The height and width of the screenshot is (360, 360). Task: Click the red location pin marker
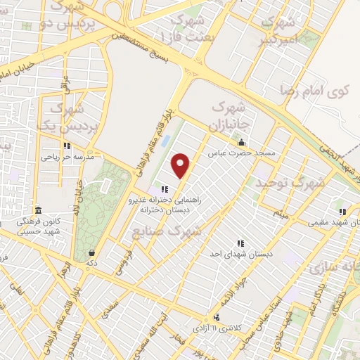pos(181,165)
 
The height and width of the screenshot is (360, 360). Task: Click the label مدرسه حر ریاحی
pos(68,157)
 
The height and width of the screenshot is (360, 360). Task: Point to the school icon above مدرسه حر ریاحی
pos(67,146)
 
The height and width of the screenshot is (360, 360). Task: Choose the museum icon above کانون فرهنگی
pos(38,211)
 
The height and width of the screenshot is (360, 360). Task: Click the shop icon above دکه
pos(91,252)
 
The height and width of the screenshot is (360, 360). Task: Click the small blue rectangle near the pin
pos(165,141)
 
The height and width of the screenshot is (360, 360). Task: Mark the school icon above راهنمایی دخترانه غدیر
pos(165,188)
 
